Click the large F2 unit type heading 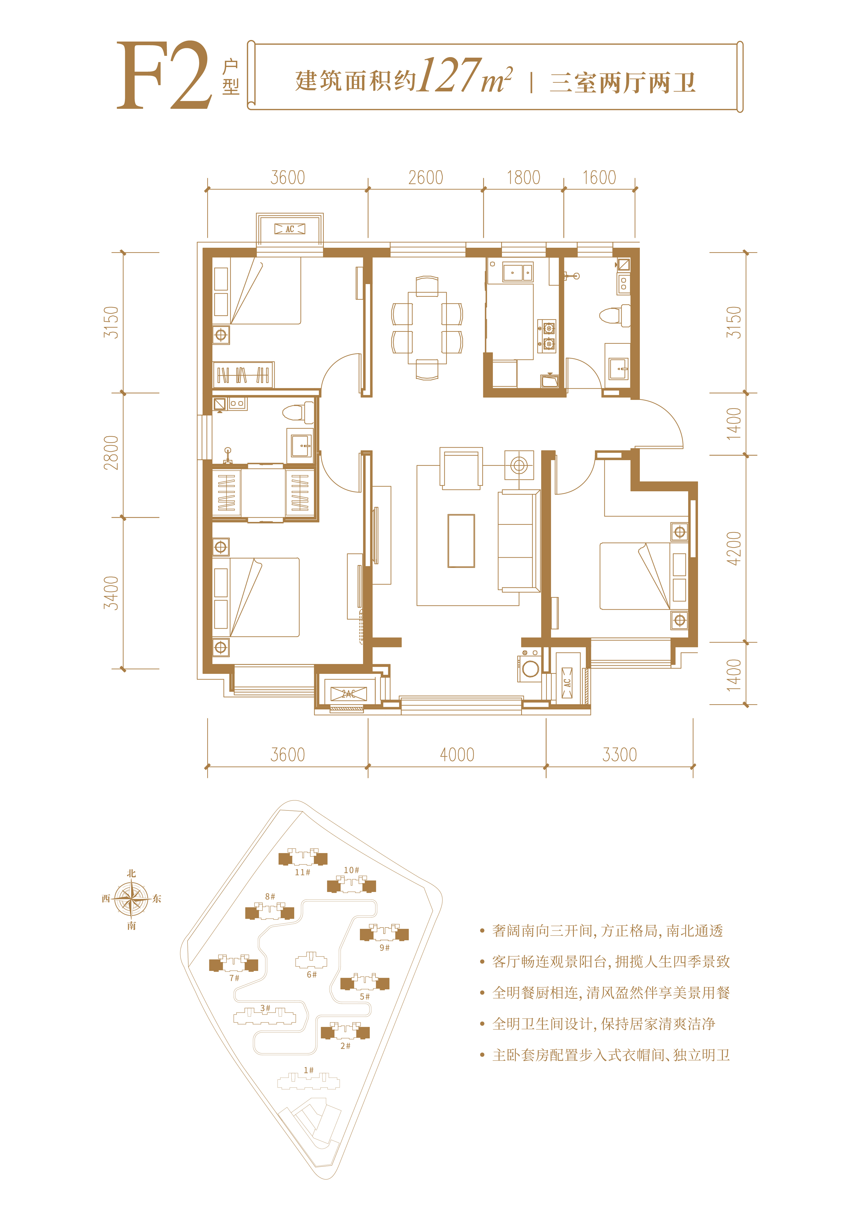click(165, 76)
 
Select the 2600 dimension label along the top click(426, 178)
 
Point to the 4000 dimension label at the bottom click(457, 755)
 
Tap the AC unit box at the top click(290, 229)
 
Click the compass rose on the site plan click(131, 898)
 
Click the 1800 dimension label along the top click(524, 178)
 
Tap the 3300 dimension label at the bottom click(619, 755)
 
